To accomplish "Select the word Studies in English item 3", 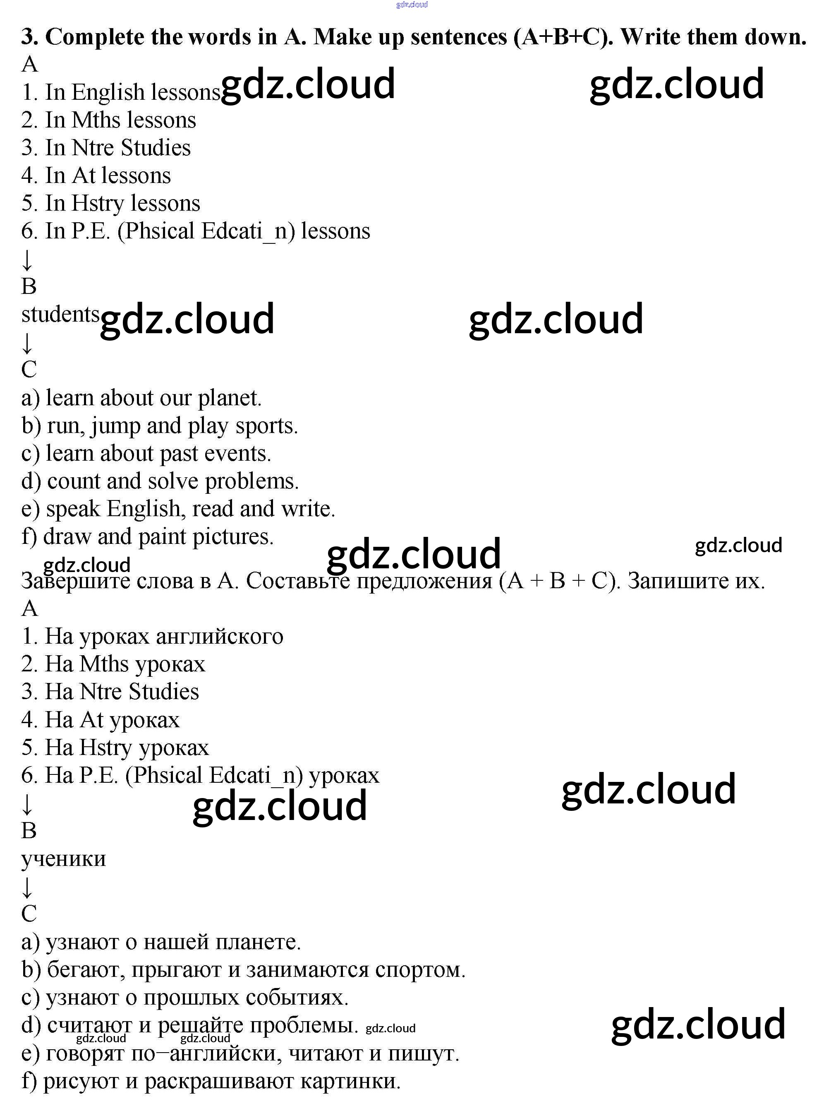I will [x=156, y=148].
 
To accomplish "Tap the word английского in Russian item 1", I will [x=220, y=636].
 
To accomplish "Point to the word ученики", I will [x=63, y=858].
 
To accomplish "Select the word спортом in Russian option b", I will [x=420, y=969].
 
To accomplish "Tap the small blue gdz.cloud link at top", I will [x=412, y=5].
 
